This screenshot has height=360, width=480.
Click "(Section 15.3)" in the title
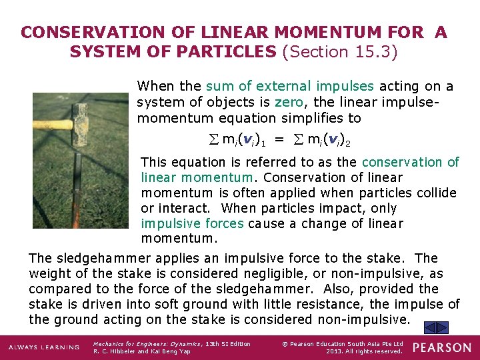[340, 51]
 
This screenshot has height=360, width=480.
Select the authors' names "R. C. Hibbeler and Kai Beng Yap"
[142, 351]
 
